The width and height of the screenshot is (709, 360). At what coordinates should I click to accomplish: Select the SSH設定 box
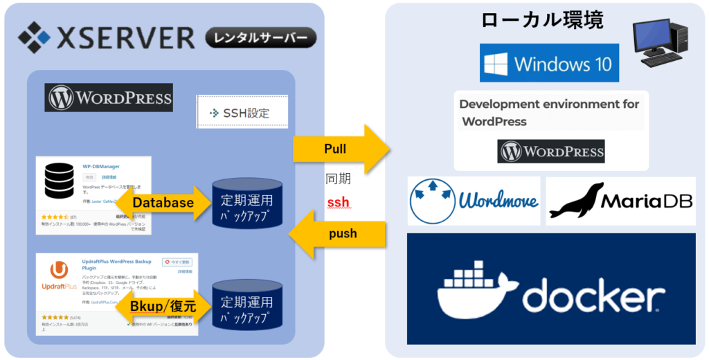point(242,112)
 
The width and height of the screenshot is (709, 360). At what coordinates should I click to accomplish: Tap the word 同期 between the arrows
point(338,179)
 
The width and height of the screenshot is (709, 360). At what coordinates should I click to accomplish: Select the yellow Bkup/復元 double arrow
point(163,305)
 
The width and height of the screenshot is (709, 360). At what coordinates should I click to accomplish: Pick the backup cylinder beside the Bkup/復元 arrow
point(247,305)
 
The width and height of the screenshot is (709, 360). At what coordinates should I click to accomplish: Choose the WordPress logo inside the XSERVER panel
point(109,98)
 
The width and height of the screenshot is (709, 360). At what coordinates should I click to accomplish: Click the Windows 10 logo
point(549,63)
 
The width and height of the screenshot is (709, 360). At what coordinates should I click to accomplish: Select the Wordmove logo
point(474,201)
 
